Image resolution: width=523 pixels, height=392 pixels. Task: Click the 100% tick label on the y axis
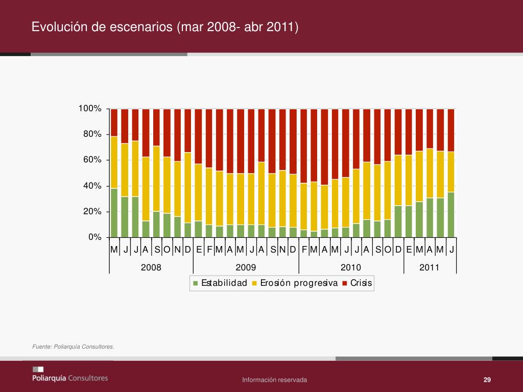click(x=90, y=109)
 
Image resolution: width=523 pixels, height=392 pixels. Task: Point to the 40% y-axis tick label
click(x=92, y=186)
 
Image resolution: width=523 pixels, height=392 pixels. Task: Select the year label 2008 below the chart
click(x=151, y=267)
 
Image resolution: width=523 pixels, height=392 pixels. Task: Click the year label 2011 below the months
click(x=429, y=267)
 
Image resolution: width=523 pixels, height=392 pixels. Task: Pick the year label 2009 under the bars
click(x=246, y=267)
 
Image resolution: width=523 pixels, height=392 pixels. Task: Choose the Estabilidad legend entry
click(x=224, y=283)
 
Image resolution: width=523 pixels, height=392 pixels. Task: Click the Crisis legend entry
click(x=361, y=283)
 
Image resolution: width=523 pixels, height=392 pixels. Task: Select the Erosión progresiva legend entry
click(x=299, y=283)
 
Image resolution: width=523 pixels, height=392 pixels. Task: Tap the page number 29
click(x=487, y=380)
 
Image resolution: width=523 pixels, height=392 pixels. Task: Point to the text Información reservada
click(x=275, y=380)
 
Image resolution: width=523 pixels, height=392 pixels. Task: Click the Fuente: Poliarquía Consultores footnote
click(x=73, y=347)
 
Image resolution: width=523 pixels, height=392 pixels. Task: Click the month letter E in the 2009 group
click(x=199, y=250)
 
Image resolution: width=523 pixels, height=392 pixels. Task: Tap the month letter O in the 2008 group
click(x=167, y=250)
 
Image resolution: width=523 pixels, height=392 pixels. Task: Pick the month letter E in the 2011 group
click(x=409, y=250)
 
